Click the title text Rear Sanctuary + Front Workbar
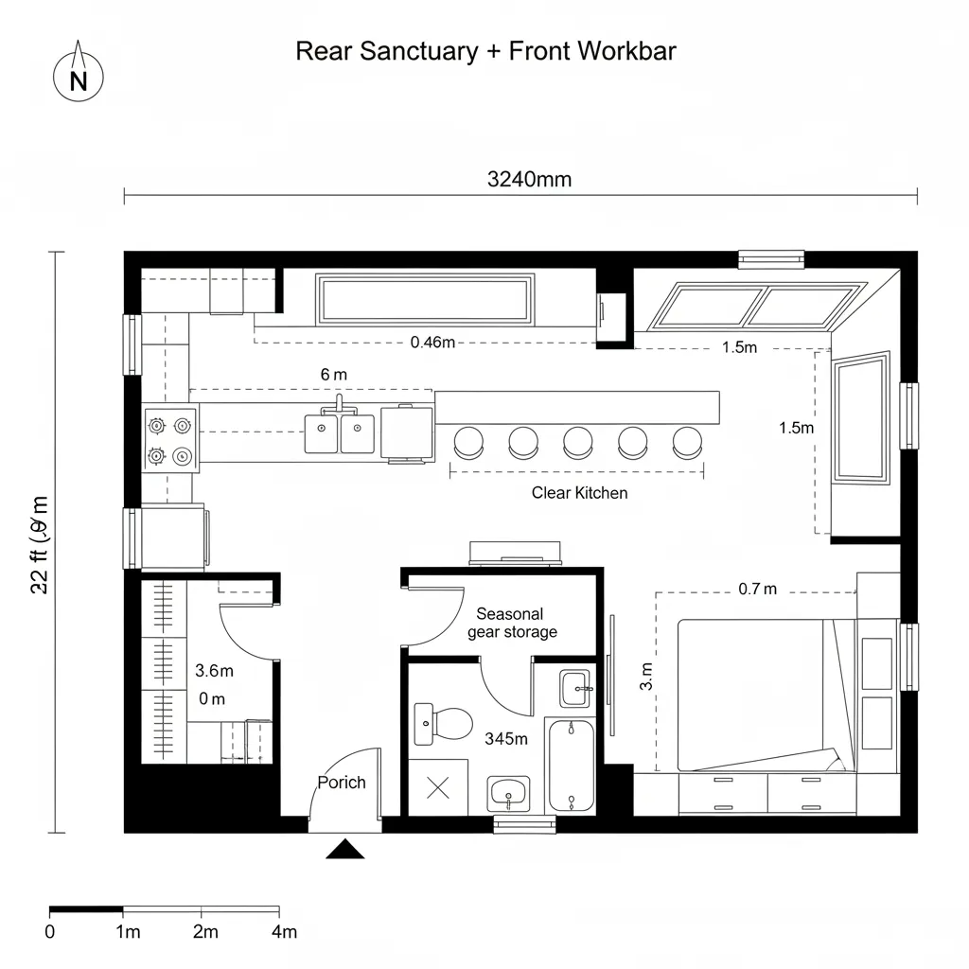click(485, 51)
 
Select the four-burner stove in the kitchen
click(170, 440)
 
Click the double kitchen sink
click(339, 433)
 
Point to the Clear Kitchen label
click(579, 493)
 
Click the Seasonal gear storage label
click(512, 623)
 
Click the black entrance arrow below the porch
click(345, 849)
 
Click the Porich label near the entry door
click(341, 783)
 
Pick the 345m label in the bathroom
click(505, 739)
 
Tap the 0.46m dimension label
click(432, 343)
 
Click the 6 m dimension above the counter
click(333, 375)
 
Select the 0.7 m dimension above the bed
click(757, 590)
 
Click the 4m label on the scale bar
click(283, 932)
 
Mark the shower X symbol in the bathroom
click(438, 787)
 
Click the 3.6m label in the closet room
click(214, 671)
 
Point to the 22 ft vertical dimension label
click(39, 544)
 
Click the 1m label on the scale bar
click(127, 932)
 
